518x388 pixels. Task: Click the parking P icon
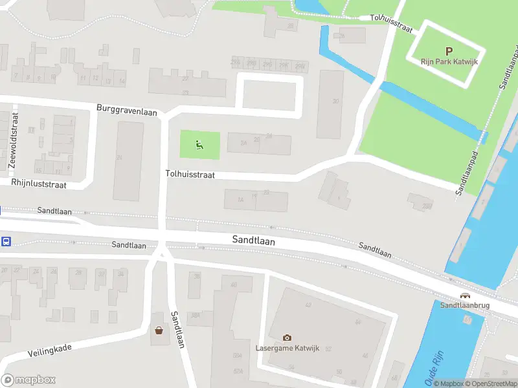tap(448, 51)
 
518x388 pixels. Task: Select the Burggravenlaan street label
tap(128, 110)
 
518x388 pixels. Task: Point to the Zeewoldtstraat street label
tap(13, 140)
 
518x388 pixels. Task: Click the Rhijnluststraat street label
tap(39, 184)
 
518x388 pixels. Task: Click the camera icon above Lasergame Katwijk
tap(287, 338)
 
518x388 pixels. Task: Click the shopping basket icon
tap(159, 330)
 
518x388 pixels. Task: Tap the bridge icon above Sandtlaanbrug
tap(465, 296)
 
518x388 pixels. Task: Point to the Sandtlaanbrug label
tap(465, 305)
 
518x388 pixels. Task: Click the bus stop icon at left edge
tap(6, 241)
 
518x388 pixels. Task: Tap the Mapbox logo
tap(28, 380)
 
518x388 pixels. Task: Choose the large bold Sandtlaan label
tap(254, 241)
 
